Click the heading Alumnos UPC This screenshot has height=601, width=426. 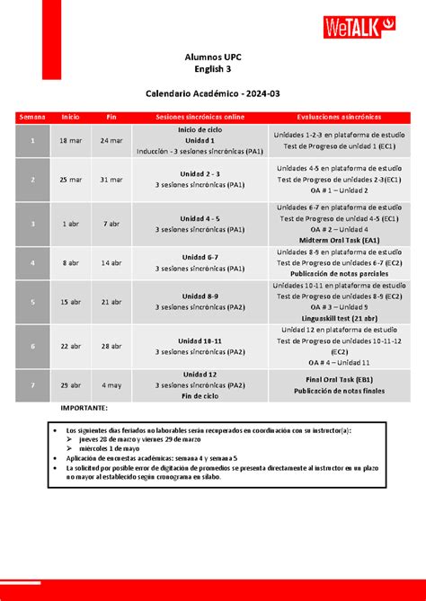pyautogui.click(x=212, y=57)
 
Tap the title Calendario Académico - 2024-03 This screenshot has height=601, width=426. pyautogui.click(x=212, y=93)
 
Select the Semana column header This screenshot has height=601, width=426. pyautogui.click(x=31, y=118)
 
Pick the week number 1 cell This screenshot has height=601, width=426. pyautogui.click(x=31, y=141)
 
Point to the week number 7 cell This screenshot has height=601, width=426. pyautogui.click(x=31, y=384)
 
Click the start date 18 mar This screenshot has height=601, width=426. pyautogui.click(x=70, y=141)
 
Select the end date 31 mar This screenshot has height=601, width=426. pyautogui.click(x=111, y=180)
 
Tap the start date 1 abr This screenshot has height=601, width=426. pyautogui.click(x=70, y=223)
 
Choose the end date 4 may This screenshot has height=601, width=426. pyautogui.click(x=111, y=384)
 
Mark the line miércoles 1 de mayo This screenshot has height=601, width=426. pyautogui.click(x=114, y=448)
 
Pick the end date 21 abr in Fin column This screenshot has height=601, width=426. pyautogui.click(x=111, y=302)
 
